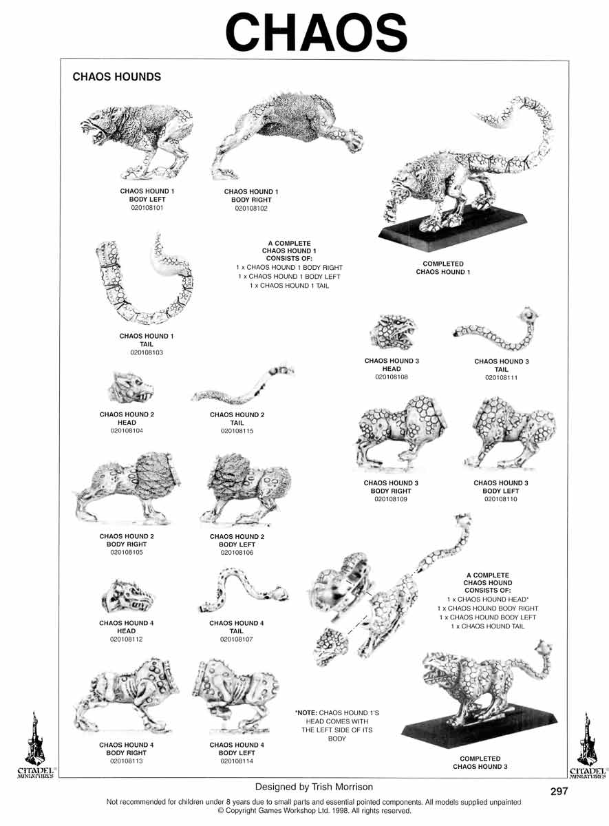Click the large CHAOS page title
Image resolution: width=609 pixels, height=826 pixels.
click(x=317, y=32)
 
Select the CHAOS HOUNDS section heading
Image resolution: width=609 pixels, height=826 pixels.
click(x=116, y=76)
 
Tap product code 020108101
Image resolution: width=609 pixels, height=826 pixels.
click(x=147, y=208)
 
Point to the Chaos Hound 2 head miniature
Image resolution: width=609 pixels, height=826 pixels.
click(x=131, y=388)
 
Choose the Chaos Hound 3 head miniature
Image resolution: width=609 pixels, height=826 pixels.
click(x=393, y=332)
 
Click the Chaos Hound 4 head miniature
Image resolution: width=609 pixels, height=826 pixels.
click(x=127, y=596)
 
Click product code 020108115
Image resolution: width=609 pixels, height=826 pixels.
click(x=237, y=431)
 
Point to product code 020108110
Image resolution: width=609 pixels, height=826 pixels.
click(x=501, y=499)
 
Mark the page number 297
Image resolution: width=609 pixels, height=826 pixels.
click(x=559, y=791)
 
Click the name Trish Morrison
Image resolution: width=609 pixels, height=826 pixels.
click(x=342, y=787)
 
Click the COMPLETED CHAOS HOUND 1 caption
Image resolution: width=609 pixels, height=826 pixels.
click(x=443, y=268)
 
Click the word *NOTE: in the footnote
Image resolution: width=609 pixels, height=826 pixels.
click(x=306, y=713)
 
